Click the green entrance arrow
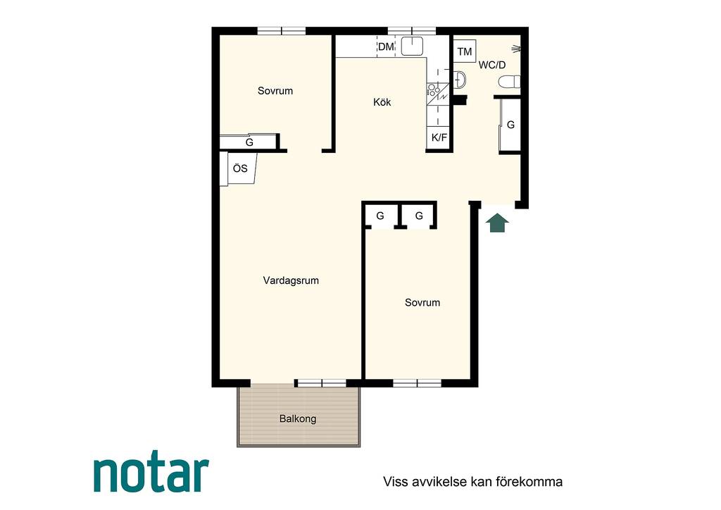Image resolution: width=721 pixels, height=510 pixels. tap(498, 223)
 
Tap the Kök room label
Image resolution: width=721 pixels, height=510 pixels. tap(382, 102)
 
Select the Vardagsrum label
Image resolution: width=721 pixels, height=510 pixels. tap(291, 280)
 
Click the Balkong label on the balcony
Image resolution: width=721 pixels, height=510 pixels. tap(298, 419)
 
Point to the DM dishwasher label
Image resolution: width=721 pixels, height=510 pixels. tap(386, 46)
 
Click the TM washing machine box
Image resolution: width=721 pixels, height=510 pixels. tap(465, 51)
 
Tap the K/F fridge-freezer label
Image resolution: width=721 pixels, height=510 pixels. tap(439, 137)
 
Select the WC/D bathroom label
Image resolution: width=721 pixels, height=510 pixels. tap(492, 65)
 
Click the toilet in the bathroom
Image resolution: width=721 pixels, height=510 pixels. tap(510, 82)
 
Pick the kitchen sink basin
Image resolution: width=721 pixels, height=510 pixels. tap(412, 46)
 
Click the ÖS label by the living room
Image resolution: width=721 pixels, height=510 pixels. tap(240, 169)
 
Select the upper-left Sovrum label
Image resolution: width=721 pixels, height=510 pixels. tap(275, 91)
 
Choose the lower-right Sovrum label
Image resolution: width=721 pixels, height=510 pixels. tap(422, 303)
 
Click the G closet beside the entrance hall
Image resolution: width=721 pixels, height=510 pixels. tap(510, 125)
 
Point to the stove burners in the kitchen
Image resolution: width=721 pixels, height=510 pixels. tap(433, 89)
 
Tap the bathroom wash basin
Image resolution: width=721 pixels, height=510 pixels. tap(460, 80)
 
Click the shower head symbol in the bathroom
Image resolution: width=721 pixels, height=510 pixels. tap(517, 48)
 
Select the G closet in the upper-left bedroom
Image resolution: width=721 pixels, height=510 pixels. tap(249, 142)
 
